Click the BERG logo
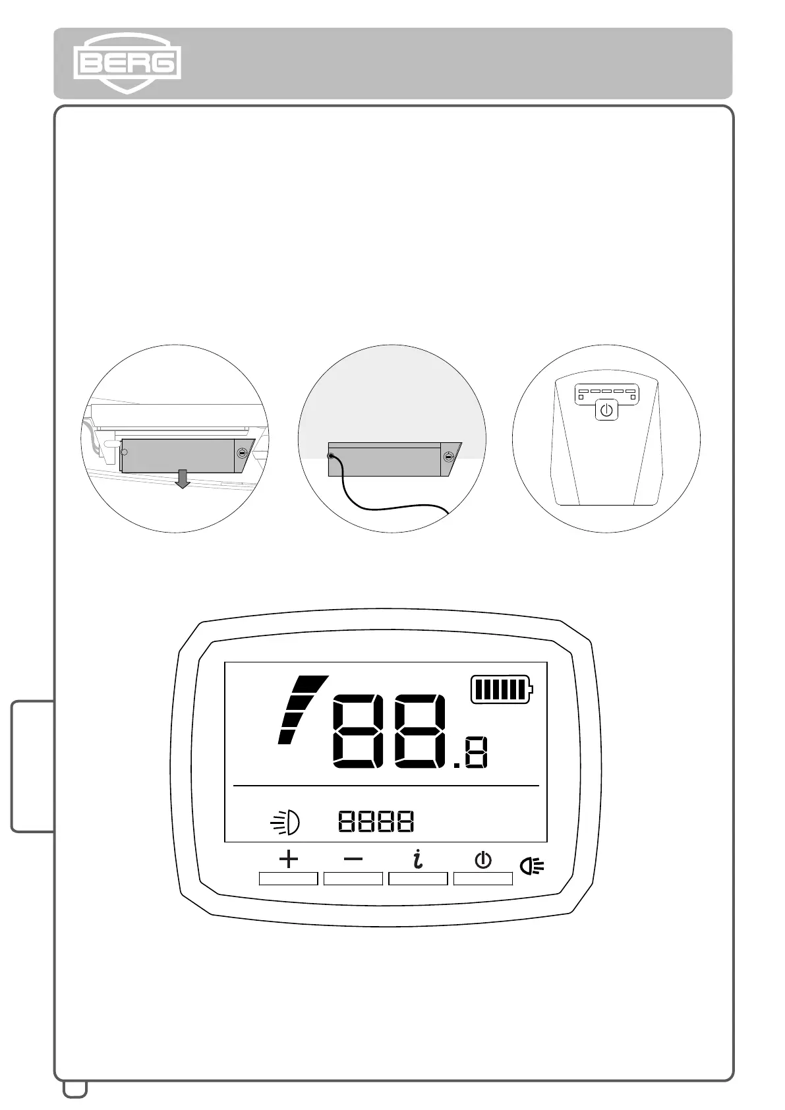coord(127,63)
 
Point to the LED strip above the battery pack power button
coord(606,394)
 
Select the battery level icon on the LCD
coord(502,689)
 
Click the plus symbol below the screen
coord(289,859)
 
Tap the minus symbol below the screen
coord(353,859)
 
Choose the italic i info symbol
coord(418,859)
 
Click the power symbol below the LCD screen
coord(483,860)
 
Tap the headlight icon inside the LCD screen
coord(286,822)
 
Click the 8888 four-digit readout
coord(376,821)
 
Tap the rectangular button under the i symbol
coord(418,879)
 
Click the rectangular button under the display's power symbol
coord(483,879)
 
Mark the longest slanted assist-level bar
coord(310,684)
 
